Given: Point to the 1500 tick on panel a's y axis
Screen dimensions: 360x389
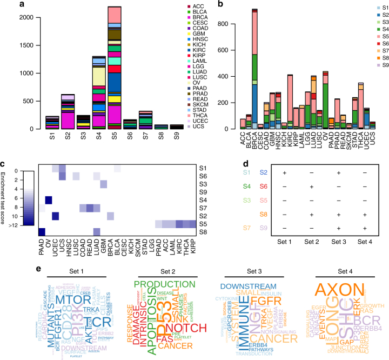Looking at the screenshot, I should pyautogui.click(x=19, y=45).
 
